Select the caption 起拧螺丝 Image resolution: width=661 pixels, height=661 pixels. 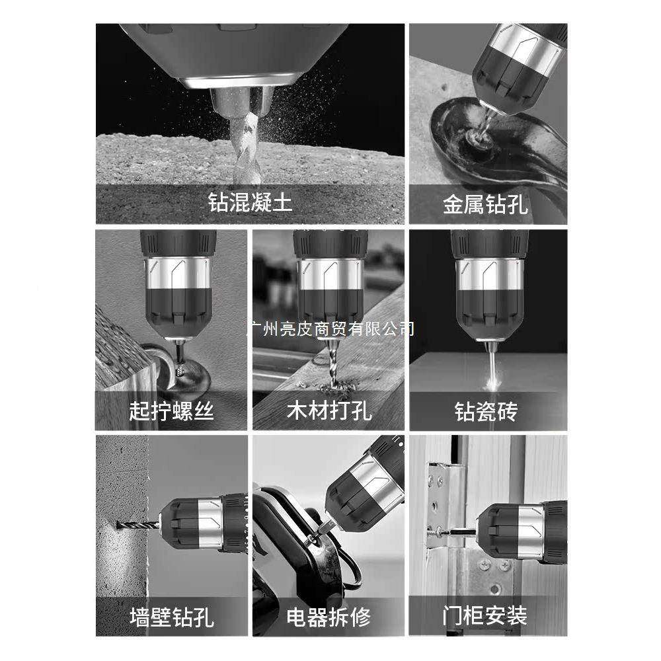[x=171, y=411]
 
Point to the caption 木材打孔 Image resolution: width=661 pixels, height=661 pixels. [x=329, y=411]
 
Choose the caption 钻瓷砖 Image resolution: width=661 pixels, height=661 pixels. [x=486, y=411]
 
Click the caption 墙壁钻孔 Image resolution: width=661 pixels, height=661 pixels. [x=171, y=617]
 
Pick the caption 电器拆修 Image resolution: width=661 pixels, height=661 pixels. [x=329, y=617]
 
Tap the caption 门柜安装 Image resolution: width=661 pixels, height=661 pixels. [x=486, y=617]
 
